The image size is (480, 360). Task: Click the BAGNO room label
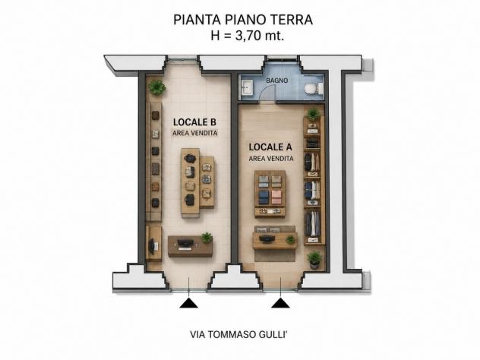click(x=276, y=81)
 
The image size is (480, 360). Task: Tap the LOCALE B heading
click(x=194, y=122)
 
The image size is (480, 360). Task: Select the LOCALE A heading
click(x=270, y=147)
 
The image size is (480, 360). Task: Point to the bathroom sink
click(x=247, y=87)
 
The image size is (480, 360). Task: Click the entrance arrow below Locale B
click(x=188, y=303)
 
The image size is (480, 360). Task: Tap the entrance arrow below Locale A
click(x=280, y=303)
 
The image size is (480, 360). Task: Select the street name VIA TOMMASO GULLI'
click(x=238, y=335)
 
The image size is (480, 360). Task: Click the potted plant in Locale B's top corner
click(x=157, y=87)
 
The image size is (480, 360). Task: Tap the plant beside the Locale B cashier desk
click(x=207, y=238)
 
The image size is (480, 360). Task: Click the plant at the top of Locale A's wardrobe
click(x=313, y=114)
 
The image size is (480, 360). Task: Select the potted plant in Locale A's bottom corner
click(x=314, y=260)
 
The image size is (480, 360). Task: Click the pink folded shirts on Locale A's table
click(x=276, y=197)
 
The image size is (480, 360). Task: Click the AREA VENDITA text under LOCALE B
click(x=195, y=134)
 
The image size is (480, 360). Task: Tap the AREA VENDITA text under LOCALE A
click(x=271, y=159)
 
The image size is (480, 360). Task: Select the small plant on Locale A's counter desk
click(x=290, y=239)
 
